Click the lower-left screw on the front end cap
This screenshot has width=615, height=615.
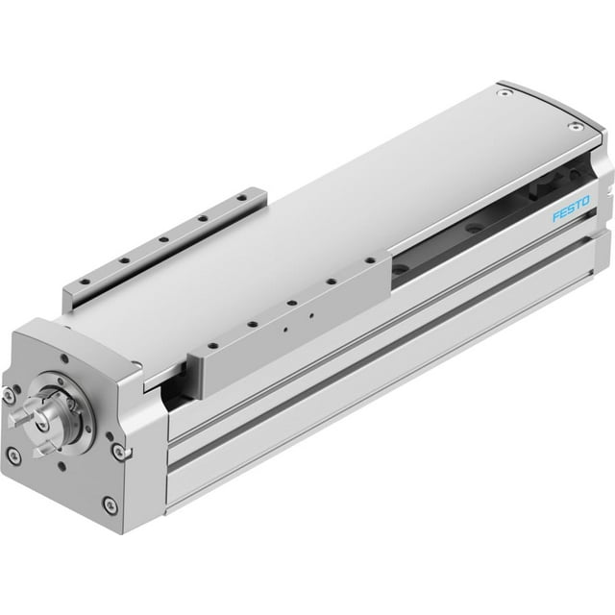coord(14,456)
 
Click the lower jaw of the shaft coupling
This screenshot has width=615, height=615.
coord(43,447)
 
